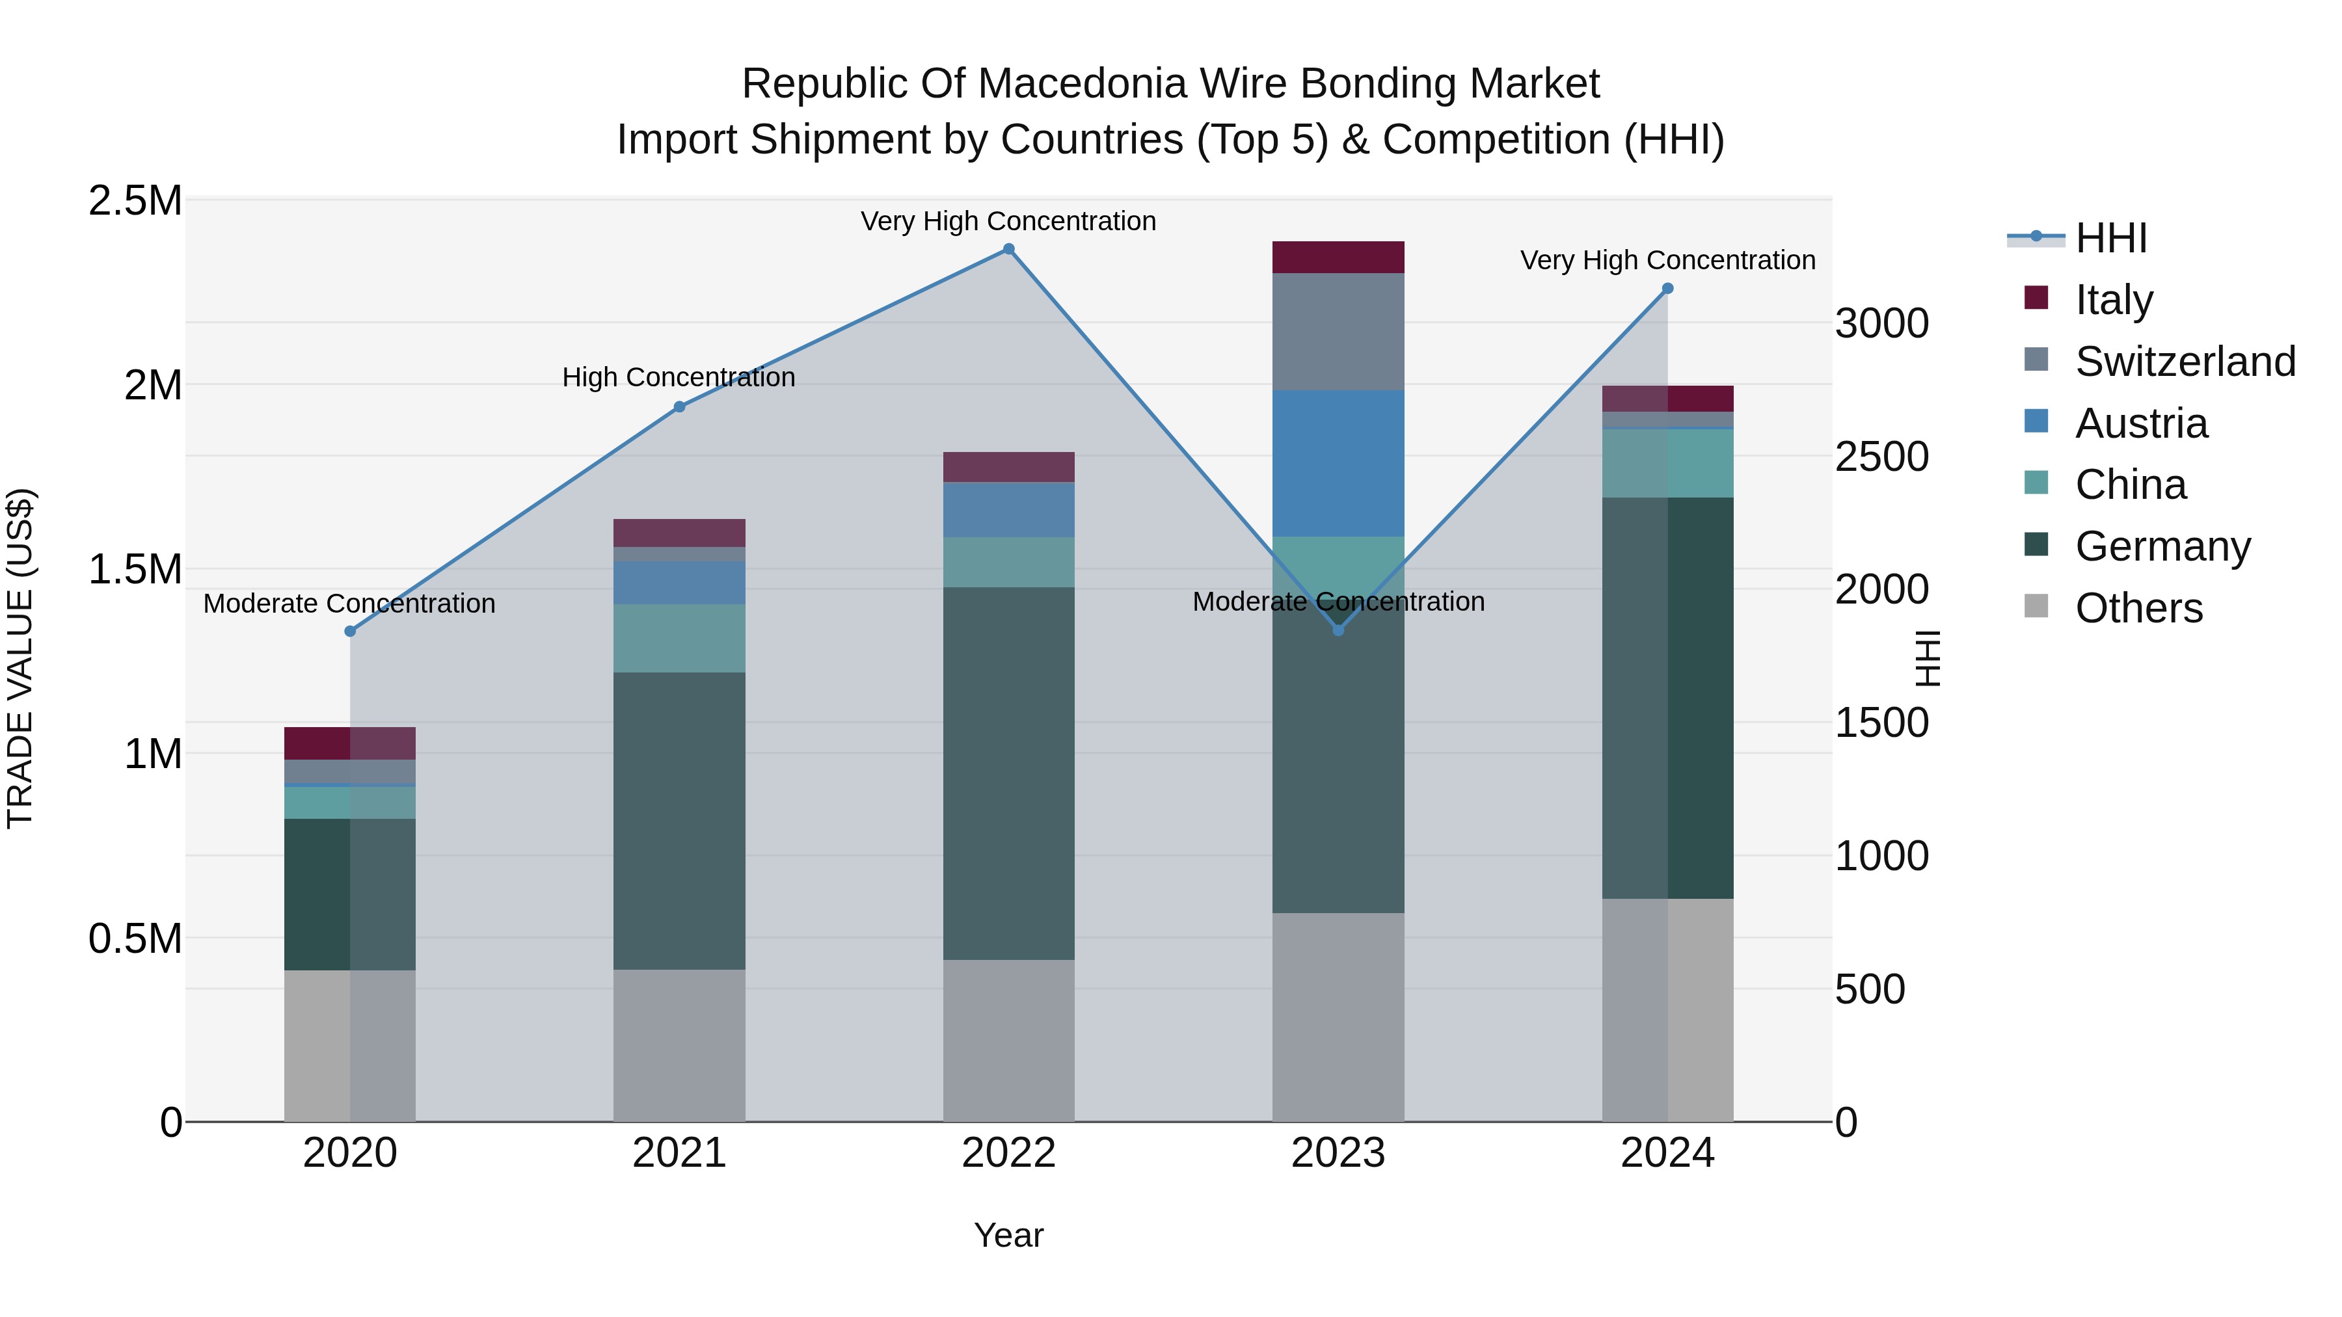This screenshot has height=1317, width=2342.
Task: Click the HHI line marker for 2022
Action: [1008, 249]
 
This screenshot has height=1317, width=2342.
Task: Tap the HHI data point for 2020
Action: [350, 631]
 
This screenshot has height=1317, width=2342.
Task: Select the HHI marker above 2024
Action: [1667, 288]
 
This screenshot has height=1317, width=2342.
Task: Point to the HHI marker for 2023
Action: [1338, 630]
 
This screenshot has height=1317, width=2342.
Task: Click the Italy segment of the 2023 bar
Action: [1338, 257]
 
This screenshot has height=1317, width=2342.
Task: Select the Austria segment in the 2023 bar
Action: [1338, 464]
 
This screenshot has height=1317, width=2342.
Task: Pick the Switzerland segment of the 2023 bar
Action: [1338, 332]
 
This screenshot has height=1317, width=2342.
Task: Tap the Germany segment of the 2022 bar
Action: [1008, 773]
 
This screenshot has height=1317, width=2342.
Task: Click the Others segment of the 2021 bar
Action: [679, 1045]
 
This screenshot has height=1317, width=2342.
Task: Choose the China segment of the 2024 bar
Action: [1667, 464]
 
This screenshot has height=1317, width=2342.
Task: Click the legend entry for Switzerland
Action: [2185, 362]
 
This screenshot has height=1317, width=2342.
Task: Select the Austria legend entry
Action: [2141, 423]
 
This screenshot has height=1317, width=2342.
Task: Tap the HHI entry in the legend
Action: [2111, 238]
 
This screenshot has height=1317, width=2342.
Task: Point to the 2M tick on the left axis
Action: [153, 386]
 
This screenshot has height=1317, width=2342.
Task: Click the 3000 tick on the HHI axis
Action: [1881, 324]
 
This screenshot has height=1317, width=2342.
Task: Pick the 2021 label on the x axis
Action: [679, 1153]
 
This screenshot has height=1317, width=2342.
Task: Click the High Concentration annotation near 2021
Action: [679, 377]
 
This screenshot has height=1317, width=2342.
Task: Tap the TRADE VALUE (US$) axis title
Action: [20, 658]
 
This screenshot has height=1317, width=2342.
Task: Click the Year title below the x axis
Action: [1008, 1235]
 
